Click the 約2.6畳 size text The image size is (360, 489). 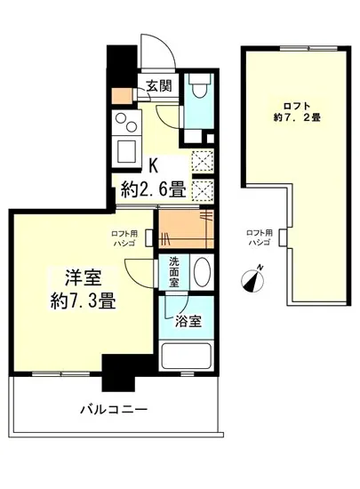[153, 188]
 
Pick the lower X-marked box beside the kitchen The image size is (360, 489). [204, 190]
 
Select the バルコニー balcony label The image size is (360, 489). [114, 409]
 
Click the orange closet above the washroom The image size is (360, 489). [186, 229]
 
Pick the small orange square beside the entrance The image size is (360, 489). [119, 95]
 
